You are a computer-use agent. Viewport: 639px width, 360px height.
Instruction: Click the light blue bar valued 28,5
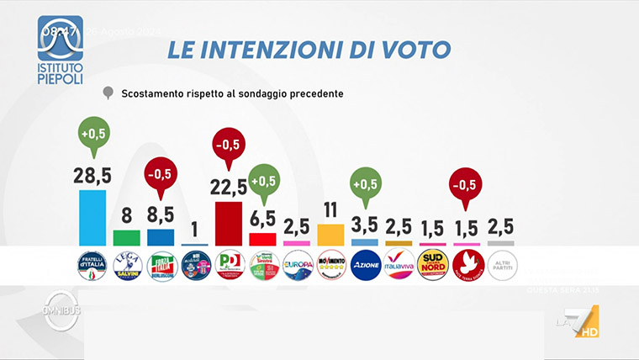click(x=92, y=218)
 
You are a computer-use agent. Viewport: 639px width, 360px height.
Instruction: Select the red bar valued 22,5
click(x=229, y=224)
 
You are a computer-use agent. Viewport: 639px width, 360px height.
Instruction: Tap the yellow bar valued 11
click(x=331, y=235)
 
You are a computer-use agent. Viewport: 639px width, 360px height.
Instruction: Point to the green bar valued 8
click(x=126, y=238)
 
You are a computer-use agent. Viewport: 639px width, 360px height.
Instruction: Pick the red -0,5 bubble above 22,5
click(x=229, y=146)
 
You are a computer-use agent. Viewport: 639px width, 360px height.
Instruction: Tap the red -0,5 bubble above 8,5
click(x=160, y=175)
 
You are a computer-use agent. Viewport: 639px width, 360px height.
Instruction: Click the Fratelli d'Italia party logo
click(x=92, y=265)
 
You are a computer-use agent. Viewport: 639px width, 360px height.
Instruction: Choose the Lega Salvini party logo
click(x=126, y=265)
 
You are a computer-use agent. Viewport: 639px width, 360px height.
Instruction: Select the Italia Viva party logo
click(x=399, y=265)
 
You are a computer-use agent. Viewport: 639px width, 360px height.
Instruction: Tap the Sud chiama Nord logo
click(x=434, y=265)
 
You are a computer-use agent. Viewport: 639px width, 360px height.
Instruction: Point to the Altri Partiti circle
click(x=502, y=265)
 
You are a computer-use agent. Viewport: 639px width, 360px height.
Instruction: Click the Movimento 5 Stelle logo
click(x=331, y=265)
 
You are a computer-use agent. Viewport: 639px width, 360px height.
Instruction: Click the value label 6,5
click(x=263, y=220)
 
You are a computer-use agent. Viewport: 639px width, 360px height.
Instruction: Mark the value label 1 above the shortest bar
click(x=194, y=230)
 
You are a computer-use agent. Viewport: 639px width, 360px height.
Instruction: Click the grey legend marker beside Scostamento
click(x=108, y=93)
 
